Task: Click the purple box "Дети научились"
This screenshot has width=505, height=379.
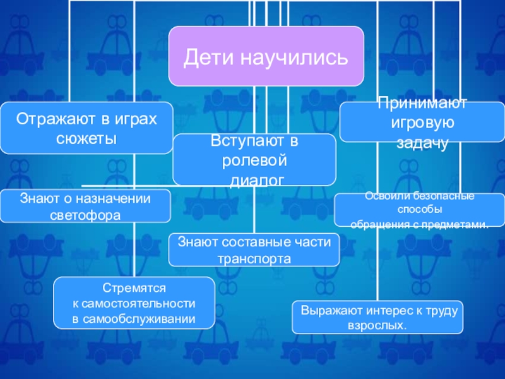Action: click(266, 56)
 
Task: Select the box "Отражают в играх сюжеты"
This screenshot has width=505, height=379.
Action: click(86, 128)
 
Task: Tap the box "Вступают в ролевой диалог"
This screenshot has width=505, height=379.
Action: click(254, 159)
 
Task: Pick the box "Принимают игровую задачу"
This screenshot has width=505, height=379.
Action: click(422, 122)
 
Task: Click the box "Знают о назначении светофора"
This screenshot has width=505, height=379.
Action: click(85, 206)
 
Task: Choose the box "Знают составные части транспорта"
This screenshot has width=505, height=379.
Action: click(254, 250)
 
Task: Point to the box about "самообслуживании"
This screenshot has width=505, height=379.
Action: click(134, 303)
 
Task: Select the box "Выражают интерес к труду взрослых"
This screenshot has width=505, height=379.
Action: click(377, 317)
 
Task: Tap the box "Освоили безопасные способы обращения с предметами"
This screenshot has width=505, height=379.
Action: click(419, 210)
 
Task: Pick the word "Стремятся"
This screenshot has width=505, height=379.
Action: click(134, 287)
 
